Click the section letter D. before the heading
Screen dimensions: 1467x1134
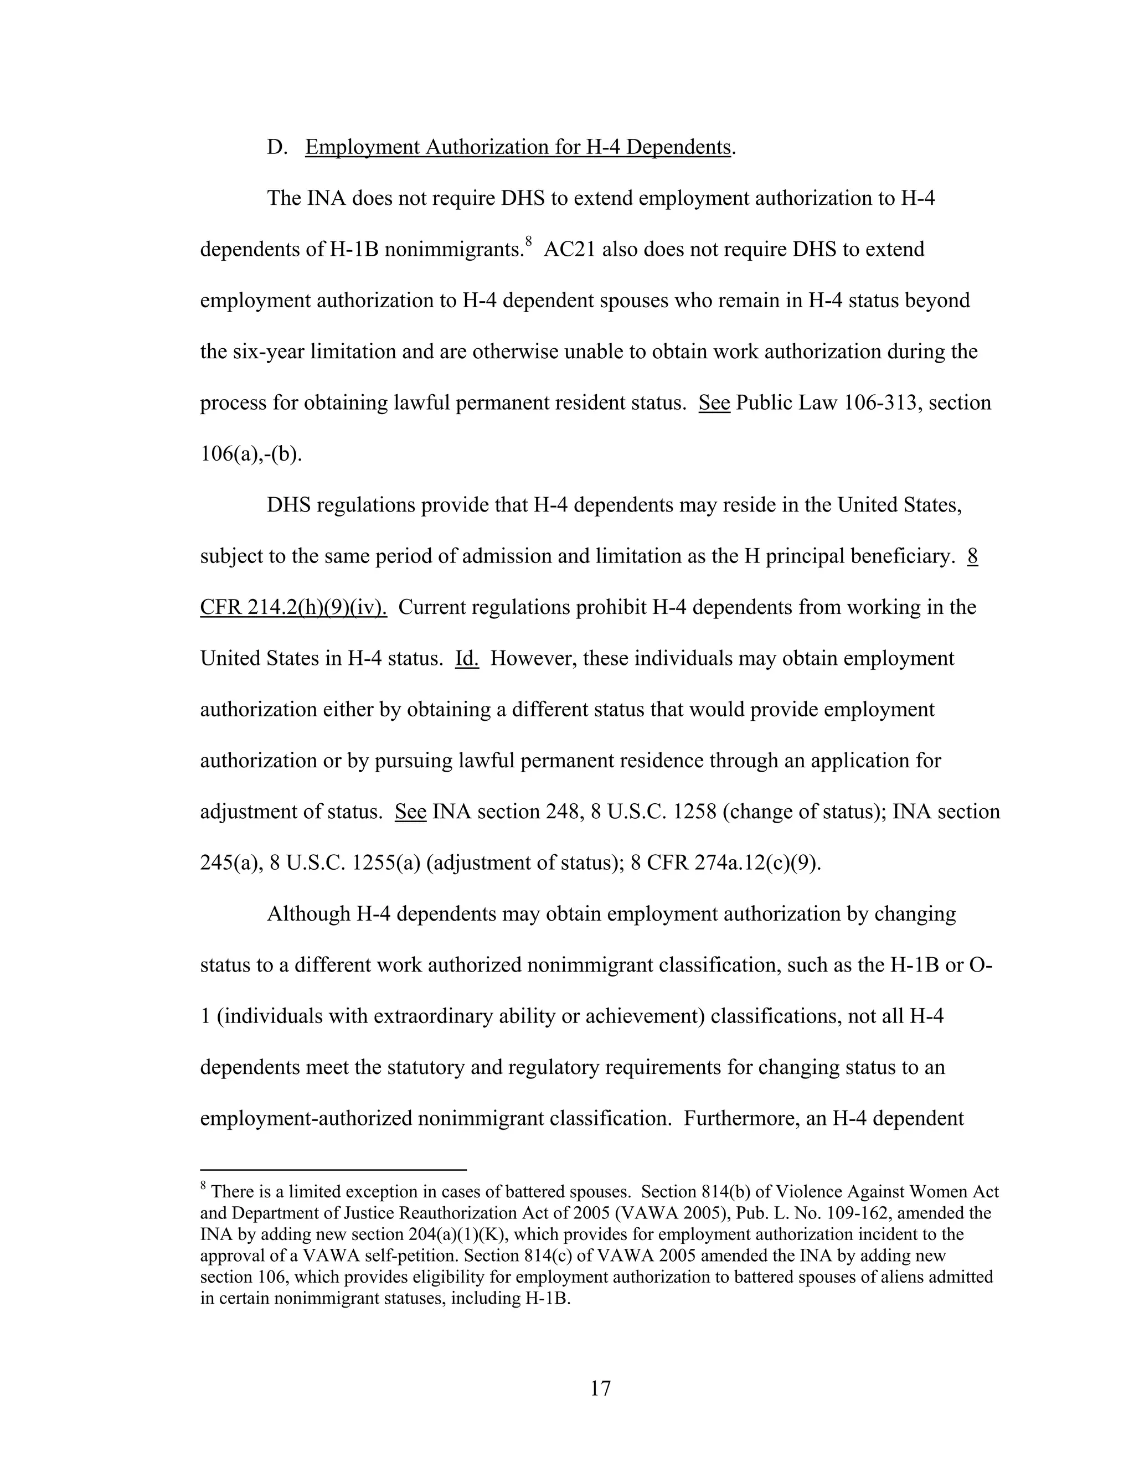click(x=277, y=147)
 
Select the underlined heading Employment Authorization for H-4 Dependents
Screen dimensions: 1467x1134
click(x=517, y=147)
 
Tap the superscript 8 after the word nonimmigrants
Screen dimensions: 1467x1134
click(x=529, y=241)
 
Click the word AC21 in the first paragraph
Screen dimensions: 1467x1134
click(x=569, y=250)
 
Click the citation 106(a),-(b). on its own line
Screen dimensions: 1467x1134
click(x=251, y=454)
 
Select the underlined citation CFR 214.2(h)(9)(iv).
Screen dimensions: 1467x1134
click(x=293, y=607)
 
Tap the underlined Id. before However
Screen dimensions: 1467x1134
click(x=466, y=658)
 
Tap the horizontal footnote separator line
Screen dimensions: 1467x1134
click(x=333, y=1169)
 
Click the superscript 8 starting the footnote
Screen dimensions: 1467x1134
click(x=204, y=1187)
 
